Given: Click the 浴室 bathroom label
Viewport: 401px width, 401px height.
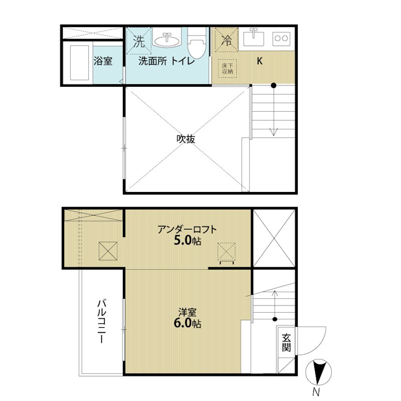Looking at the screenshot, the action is click(x=103, y=61).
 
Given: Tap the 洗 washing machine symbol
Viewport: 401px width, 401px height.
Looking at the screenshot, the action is click(x=139, y=41).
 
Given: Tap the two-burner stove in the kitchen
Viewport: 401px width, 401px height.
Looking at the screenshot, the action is click(x=281, y=39).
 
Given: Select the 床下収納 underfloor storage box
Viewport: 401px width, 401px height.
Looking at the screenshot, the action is click(x=228, y=68).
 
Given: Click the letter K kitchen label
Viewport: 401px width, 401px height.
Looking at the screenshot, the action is click(x=260, y=61).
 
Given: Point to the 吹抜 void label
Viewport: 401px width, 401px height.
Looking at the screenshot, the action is click(x=186, y=139).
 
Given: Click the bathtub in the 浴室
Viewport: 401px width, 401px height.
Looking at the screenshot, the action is click(x=80, y=62).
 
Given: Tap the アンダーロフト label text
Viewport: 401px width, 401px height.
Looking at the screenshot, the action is click(x=187, y=230).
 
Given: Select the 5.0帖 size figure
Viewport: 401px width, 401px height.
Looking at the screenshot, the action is click(x=187, y=241).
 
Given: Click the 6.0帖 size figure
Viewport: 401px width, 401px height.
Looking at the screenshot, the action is click(x=187, y=323).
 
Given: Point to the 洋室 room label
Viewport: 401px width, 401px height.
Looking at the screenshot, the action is click(x=187, y=312).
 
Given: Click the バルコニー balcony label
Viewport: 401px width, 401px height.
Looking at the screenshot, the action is click(x=102, y=321).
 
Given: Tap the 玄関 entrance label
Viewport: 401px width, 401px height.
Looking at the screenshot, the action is click(x=286, y=343).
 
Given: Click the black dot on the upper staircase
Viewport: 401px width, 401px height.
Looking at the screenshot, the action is click(x=274, y=85).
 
